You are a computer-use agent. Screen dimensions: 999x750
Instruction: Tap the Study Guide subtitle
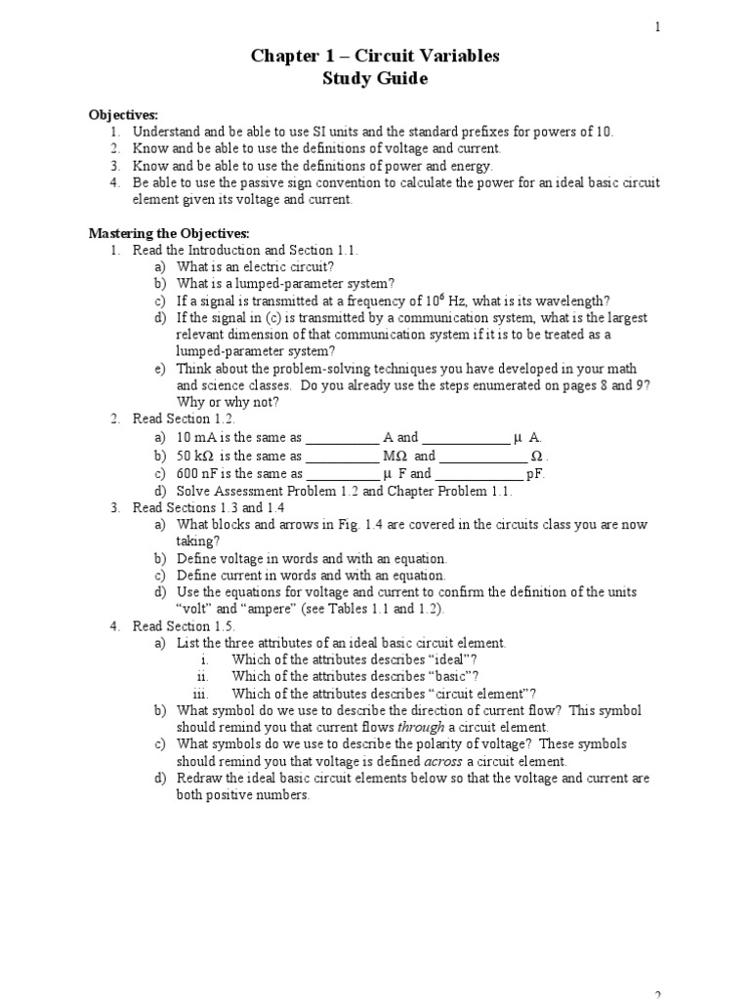tap(375, 79)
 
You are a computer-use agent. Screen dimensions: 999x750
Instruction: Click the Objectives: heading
tap(123, 115)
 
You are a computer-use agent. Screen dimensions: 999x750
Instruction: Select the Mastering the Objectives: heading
tap(170, 233)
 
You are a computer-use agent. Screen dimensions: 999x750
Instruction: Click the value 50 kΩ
tap(197, 456)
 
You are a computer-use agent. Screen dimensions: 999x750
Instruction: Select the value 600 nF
tap(200, 473)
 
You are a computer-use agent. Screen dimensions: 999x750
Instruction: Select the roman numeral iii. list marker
tap(202, 694)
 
